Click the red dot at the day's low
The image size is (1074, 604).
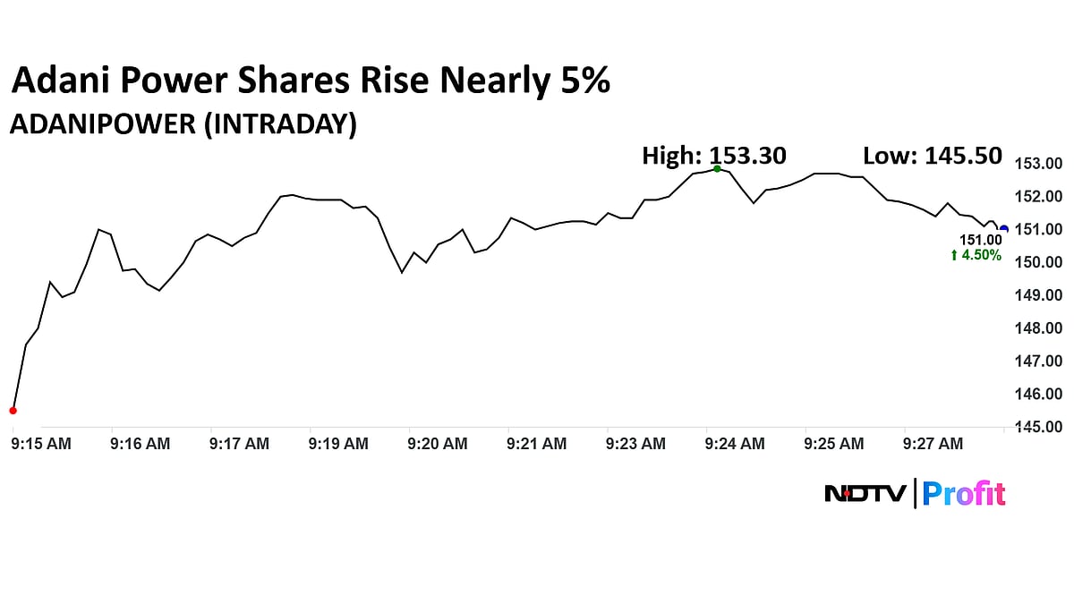click(13, 411)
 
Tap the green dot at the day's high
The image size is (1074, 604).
click(717, 168)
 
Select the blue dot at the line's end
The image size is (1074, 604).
click(1004, 229)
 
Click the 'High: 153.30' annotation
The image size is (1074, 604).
click(714, 156)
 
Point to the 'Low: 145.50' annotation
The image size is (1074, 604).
click(933, 156)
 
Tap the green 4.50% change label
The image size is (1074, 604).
click(976, 256)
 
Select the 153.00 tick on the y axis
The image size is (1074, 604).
click(1037, 164)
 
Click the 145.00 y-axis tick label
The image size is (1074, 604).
click(1037, 427)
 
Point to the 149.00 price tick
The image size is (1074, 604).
click(1037, 295)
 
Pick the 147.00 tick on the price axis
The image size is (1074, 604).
click(1037, 361)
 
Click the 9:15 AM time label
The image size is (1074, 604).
click(41, 444)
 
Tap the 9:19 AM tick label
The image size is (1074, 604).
click(338, 444)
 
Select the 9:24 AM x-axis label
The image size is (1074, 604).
click(735, 444)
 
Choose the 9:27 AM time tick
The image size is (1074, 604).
click(933, 444)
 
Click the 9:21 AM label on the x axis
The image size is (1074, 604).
click(536, 444)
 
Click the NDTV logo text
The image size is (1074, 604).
click(865, 493)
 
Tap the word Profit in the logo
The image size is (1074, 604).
click(964, 493)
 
